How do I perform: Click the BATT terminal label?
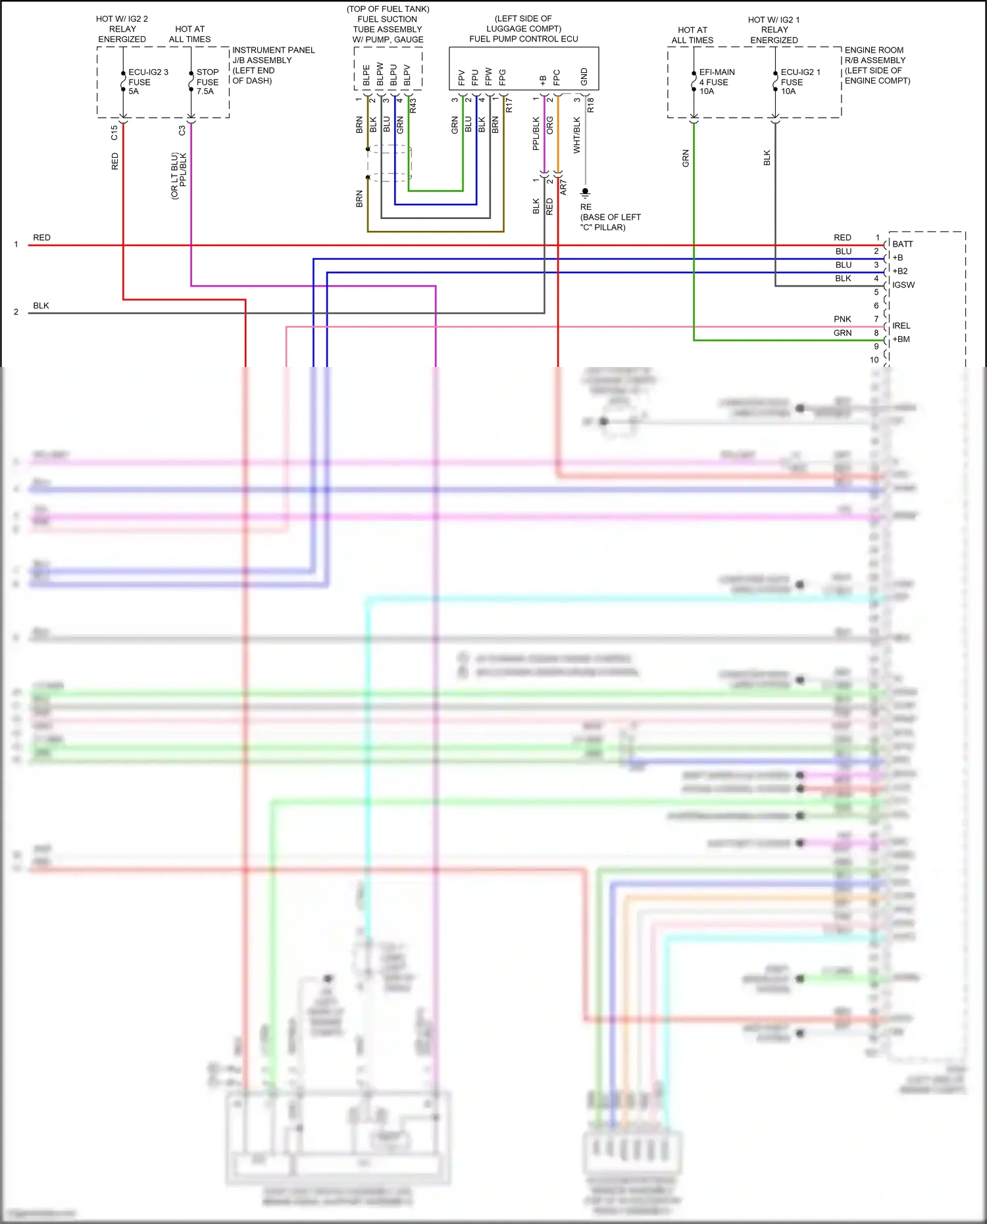click(x=902, y=244)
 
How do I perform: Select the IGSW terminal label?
click(x=903, y=285)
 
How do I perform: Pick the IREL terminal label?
click(x=901, y=326)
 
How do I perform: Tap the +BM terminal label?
click(x=901, y=339)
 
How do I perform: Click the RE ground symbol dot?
click(x=585, y=191)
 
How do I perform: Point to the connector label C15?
click(x=114, y=132)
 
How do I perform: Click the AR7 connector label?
click(x=563, y=187)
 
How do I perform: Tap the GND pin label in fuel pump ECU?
click(x=584, y=76)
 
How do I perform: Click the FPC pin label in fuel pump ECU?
click(x=557, y=78)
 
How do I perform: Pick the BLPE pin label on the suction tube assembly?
click(x=367, y=76)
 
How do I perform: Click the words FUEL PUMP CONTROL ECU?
click(x=523, y=39)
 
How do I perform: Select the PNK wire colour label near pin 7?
click(x=842, y=319)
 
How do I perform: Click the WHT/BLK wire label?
click(x=577, y=135)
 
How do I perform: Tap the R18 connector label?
click(x=590, y=105)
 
